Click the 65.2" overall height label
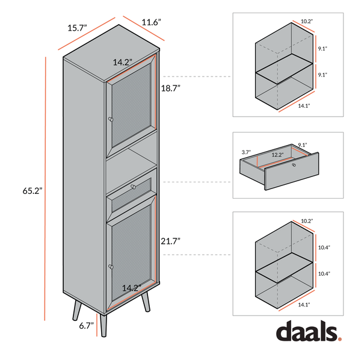32,191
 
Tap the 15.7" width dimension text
77,28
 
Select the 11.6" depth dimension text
151,22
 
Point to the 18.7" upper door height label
170,88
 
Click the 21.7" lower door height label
170,241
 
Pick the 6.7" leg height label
86,326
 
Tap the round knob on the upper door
111,119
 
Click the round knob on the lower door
111,267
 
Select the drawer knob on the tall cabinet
134,187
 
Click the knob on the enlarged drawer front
294,165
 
